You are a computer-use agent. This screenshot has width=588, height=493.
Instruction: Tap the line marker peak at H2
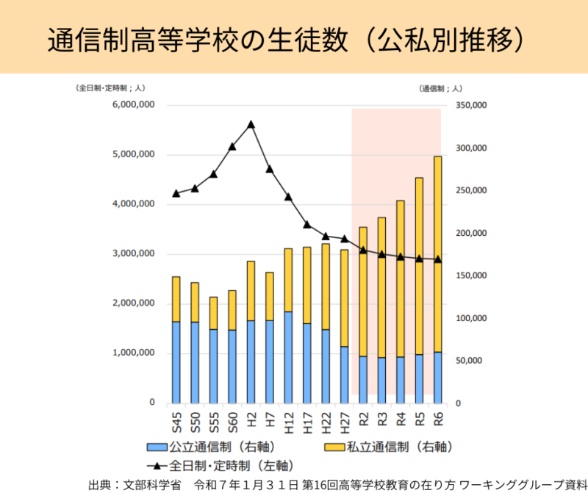coord(251,124)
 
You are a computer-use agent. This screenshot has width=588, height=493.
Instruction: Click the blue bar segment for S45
coord(176,362)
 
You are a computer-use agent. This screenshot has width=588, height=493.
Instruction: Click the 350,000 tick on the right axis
coord(471,106)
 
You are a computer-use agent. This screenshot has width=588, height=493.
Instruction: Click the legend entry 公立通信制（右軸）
coord(209,446)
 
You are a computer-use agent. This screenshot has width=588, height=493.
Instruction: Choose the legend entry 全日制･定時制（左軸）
coord(220,464)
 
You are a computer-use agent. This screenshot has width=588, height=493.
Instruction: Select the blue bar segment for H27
coord(344,375)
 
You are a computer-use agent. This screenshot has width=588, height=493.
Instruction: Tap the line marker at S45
coord(176,193)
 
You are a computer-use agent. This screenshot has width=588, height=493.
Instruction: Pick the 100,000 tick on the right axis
coord(471,319)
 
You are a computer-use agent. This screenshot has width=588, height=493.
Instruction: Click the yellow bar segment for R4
coord(401,278)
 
